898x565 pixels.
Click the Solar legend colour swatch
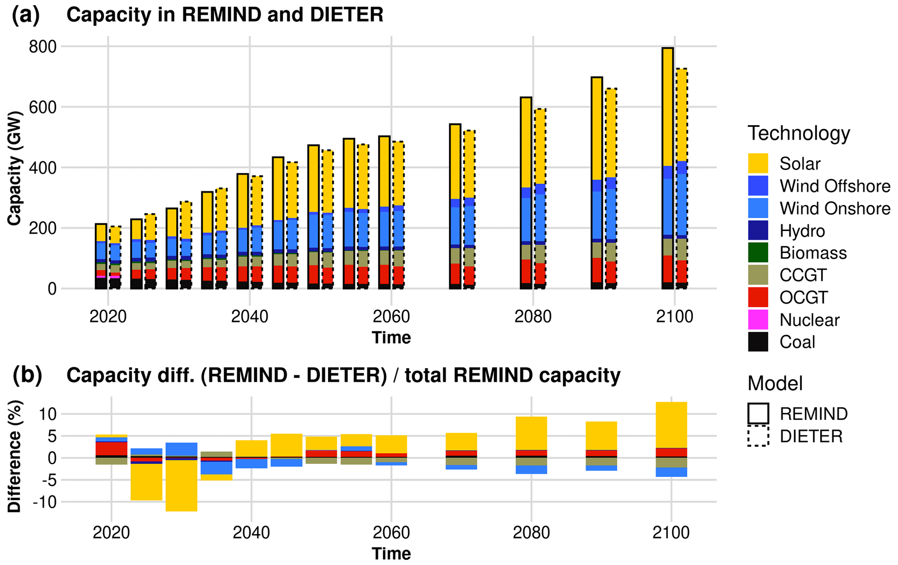(x=758, y=163)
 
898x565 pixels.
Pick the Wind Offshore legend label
(x=835, y=186)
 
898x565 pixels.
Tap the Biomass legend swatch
(x=758, y=253)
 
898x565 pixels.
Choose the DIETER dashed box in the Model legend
(x=758, y=436)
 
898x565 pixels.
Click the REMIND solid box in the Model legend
(x=758, y=413)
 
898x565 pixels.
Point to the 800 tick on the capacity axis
(x=43, y=46)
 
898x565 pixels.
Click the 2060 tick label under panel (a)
(x=391, y=317)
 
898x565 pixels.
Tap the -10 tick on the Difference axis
(x=44, y=502)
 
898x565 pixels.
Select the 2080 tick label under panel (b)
(x=531, y=532)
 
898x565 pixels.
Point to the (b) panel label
(x=27, y=375)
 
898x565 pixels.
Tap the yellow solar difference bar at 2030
(x=182, y=486)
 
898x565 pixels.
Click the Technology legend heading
(x=799, y=133)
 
